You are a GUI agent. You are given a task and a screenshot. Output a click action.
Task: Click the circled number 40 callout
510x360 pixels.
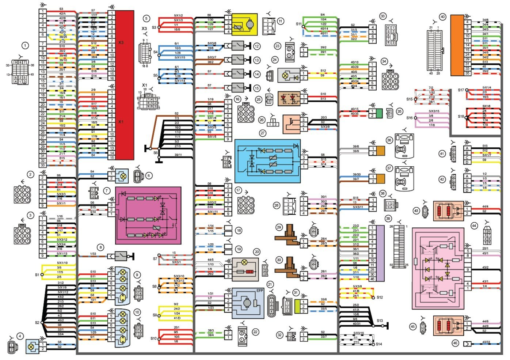point(442,17)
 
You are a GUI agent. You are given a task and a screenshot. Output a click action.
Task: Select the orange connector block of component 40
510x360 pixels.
point(457,45)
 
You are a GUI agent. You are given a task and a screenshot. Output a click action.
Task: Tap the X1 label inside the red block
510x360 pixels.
point(121,122)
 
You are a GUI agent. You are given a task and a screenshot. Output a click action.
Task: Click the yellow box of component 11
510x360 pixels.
point(244,24)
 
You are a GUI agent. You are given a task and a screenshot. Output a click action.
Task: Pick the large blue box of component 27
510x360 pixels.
point(267,161)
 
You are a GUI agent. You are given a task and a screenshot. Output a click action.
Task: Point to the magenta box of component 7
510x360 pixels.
point(148,215)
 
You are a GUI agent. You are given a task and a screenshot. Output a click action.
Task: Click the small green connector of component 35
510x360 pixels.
point(379,113)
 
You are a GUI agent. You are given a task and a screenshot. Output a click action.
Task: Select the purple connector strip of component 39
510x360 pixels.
point(380,253)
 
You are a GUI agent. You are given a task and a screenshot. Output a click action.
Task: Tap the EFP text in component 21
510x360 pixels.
point(260,291)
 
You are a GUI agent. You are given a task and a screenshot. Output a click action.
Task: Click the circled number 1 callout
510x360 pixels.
point(25,46)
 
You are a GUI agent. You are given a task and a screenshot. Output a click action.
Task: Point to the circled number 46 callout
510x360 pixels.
point(455,343)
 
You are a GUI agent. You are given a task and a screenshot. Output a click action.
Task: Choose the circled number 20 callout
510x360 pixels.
point(257,251)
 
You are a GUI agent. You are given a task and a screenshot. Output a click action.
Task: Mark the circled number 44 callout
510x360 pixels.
point(474,226)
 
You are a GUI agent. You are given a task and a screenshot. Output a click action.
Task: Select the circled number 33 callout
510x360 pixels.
point(382,16)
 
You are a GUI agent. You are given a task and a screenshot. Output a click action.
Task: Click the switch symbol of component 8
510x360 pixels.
point(121,255)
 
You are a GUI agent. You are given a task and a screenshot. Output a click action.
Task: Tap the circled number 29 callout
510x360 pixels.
point(279,227)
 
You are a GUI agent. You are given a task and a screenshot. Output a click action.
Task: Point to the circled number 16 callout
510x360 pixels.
point(237,99)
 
